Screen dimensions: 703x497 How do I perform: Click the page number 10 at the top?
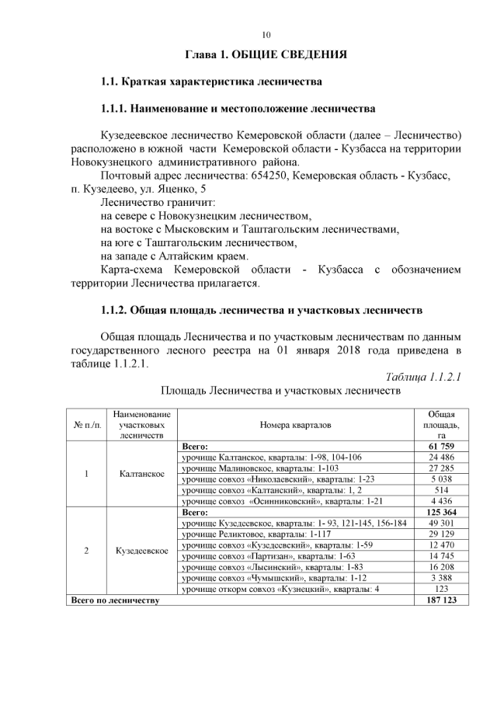pos(266,35)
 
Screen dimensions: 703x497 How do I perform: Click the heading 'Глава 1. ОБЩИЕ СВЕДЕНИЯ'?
pos(266,55)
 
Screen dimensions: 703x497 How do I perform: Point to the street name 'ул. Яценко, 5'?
pos(170,190)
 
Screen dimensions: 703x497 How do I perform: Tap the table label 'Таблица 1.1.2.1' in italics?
pos(423,377)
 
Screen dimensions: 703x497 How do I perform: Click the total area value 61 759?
pos(440,447)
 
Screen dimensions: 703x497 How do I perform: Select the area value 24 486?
pos(440,458)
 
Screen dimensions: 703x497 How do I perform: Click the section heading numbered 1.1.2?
pos(262,311)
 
